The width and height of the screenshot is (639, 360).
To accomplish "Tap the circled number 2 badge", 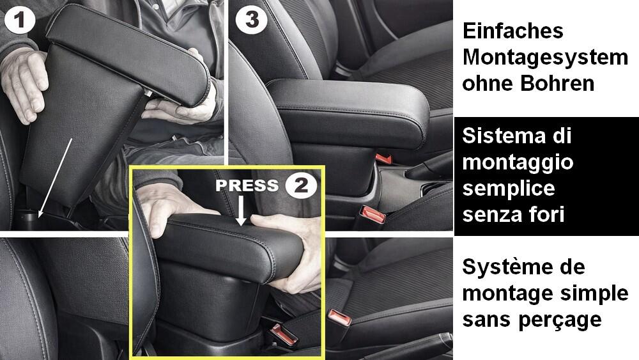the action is [301, 185].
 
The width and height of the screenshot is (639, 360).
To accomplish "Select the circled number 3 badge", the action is [251, 19].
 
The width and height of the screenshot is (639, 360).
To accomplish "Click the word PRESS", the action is [247, 185].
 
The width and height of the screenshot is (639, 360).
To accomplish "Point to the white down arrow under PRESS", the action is [242, 210].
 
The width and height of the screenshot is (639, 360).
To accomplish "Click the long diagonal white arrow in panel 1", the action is [55, 178].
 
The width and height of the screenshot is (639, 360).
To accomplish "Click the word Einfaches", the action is [513, 31].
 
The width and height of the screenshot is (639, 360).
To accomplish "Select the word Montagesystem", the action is [545, 58].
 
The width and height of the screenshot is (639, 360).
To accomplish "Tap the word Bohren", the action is [557, 84].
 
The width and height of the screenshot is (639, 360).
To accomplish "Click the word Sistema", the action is [504, 136].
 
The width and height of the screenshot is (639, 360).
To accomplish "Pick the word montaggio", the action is [518, 163].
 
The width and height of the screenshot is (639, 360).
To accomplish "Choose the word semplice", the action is [509, 189].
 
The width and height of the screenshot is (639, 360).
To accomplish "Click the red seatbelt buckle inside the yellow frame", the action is [282, 333].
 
